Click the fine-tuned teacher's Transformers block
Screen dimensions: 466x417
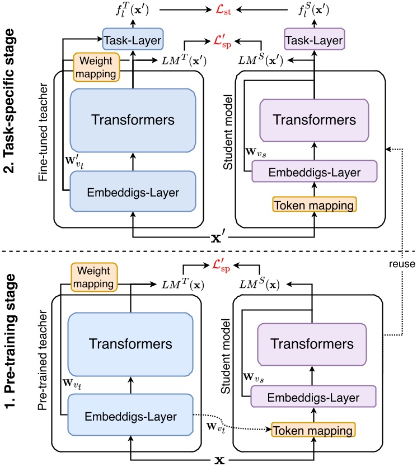(132, 119)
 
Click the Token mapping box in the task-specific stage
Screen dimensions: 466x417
(314, 206)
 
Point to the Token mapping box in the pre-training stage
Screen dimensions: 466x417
(314, 430)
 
